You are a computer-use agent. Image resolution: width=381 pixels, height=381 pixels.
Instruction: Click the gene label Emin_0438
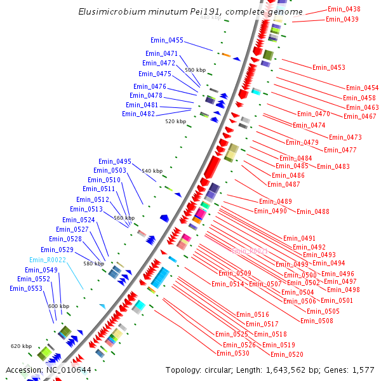click(344, 10)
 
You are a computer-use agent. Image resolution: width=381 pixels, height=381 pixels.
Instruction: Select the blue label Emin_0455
click(167, 41)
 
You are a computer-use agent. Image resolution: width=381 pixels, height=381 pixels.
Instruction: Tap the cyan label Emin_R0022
click(48, 260)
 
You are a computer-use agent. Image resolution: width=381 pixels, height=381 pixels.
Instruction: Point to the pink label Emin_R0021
click(250, 251)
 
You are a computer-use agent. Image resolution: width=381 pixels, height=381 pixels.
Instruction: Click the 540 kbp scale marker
click(152, 171)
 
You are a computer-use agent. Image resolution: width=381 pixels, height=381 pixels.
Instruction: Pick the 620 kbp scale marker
click(21, 346)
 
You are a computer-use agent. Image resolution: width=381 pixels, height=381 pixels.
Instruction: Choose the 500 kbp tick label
click(195, 70)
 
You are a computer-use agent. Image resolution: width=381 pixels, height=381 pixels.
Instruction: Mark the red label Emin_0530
click(233, 353)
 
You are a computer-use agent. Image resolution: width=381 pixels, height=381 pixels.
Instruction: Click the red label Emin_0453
click(329, 67)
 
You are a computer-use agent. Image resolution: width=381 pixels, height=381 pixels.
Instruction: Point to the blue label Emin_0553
click(26, 288)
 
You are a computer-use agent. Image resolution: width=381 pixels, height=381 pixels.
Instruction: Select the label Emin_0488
click(313, 211)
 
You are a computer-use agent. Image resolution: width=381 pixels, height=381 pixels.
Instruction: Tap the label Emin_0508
click(317, 321)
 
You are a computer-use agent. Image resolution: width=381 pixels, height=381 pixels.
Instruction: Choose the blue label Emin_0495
click(115, 161)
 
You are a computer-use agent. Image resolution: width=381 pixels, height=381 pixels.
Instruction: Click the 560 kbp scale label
click(124, 218)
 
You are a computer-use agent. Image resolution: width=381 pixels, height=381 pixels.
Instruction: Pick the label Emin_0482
click(138, 114)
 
